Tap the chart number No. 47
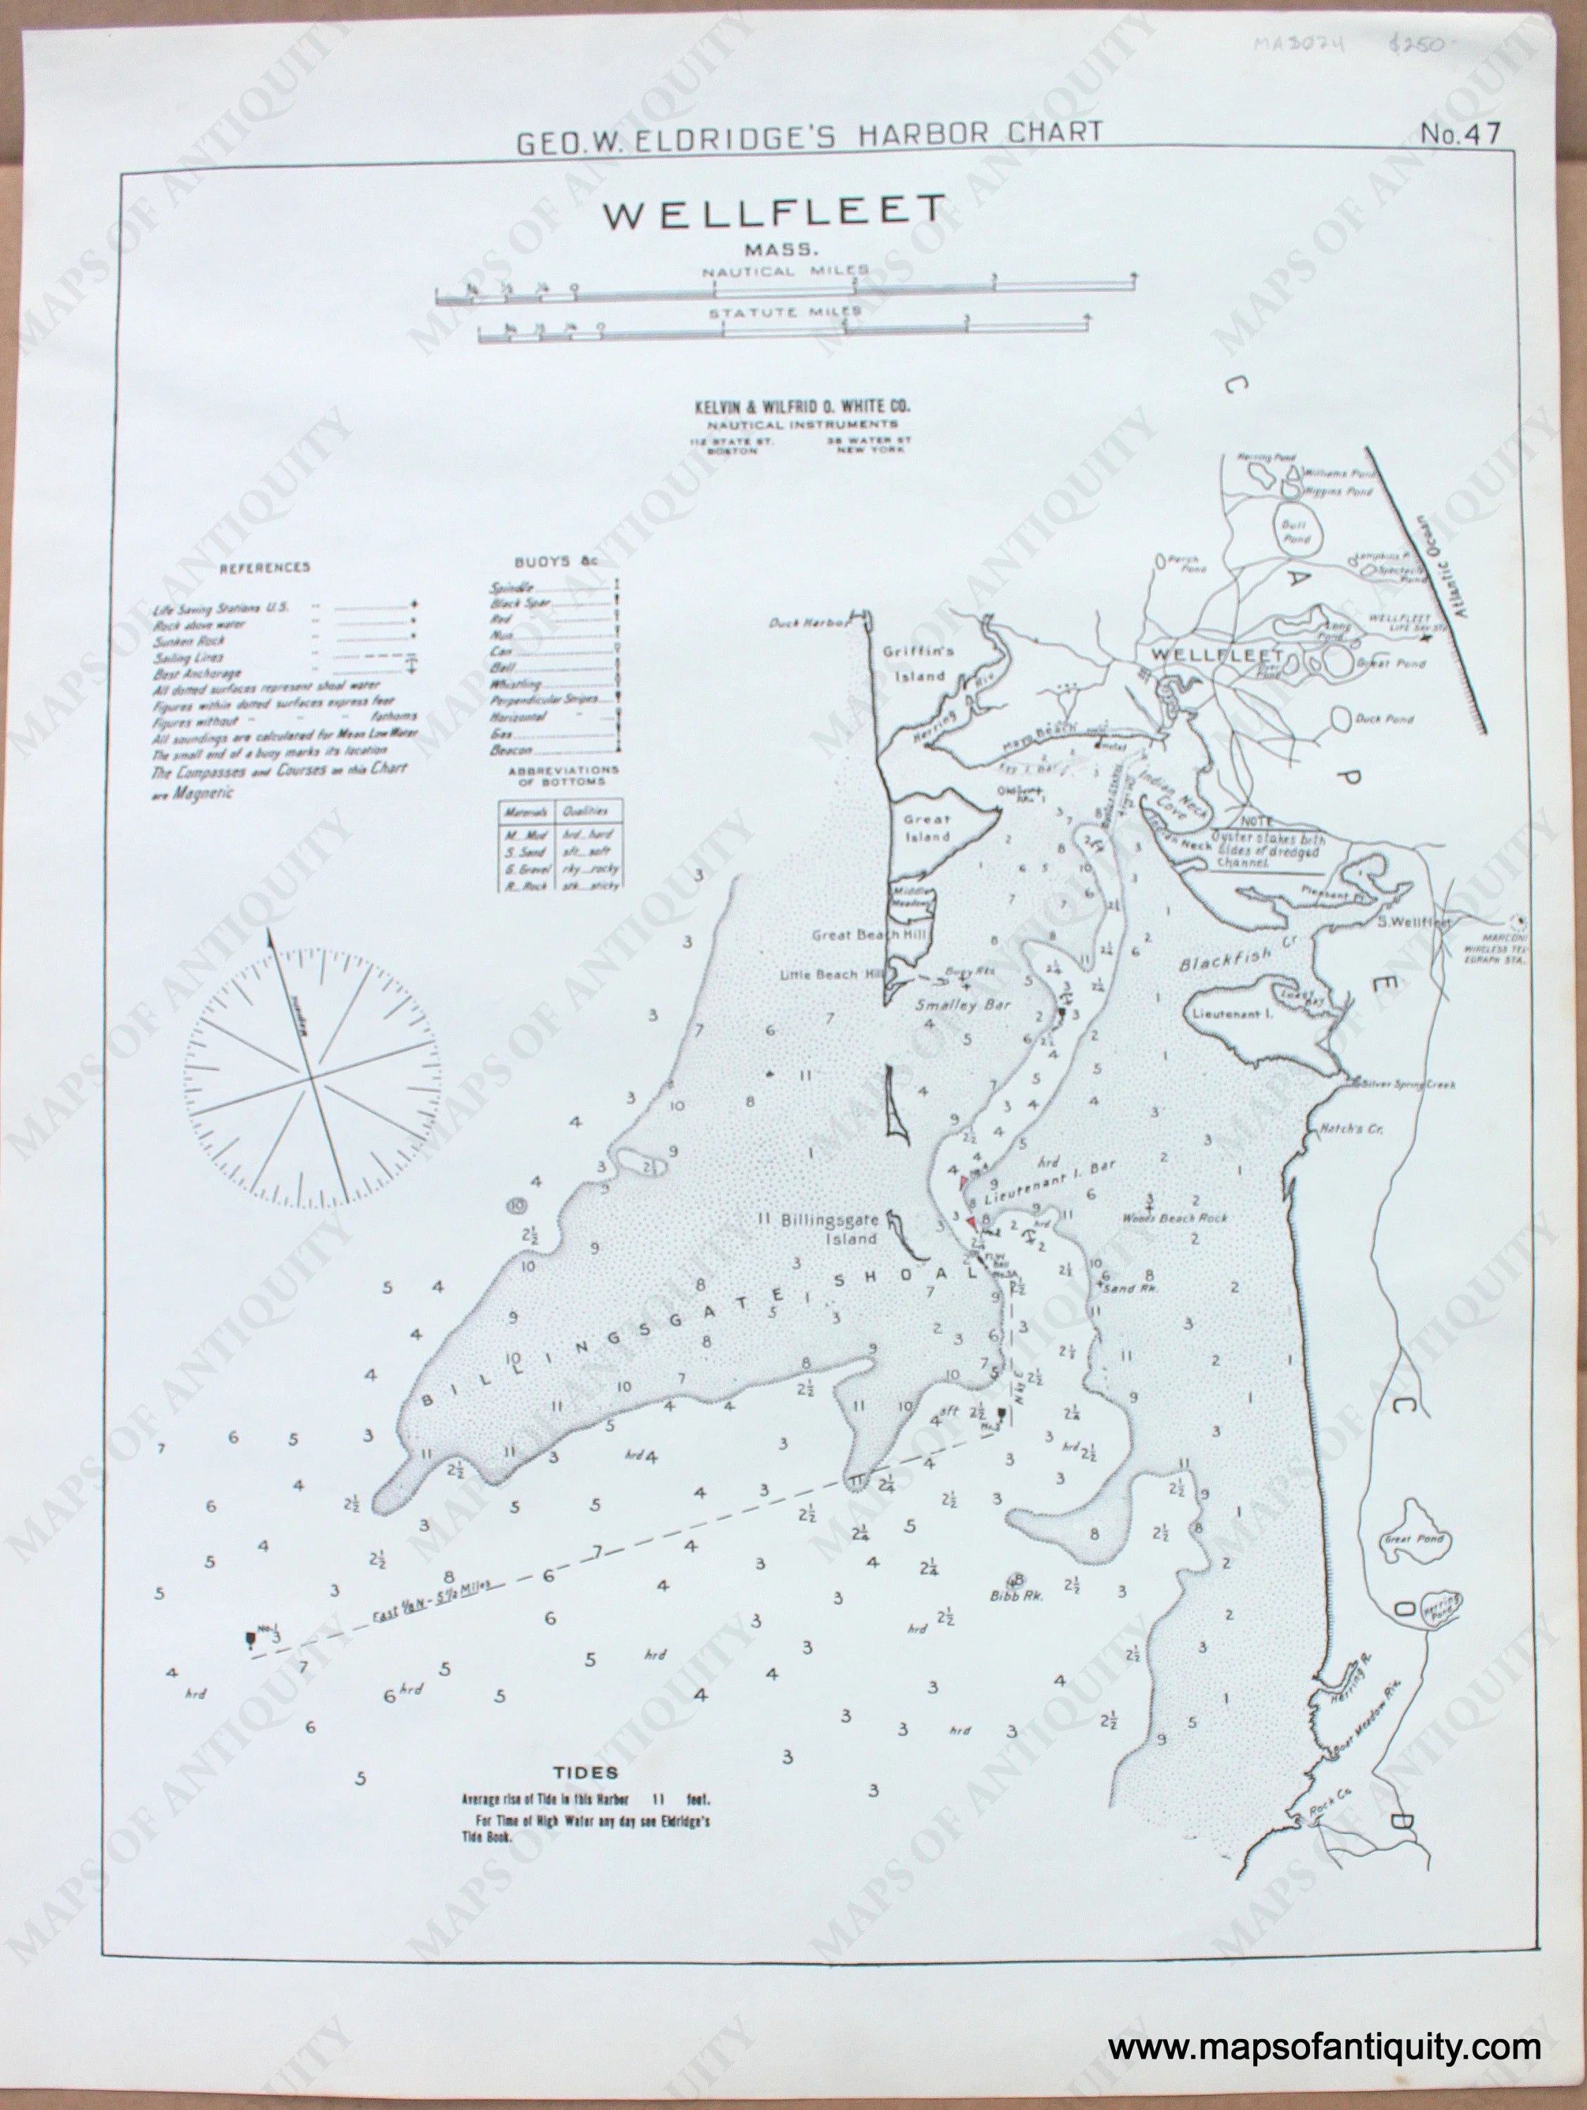(x=1459, y=134)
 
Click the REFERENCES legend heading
(x=265, y=568)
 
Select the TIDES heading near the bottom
(x=586, y=1773)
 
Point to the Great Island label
(x=927, y=827)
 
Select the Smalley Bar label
(x=963, y=1004)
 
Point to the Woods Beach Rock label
(x=1174, y=1217)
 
